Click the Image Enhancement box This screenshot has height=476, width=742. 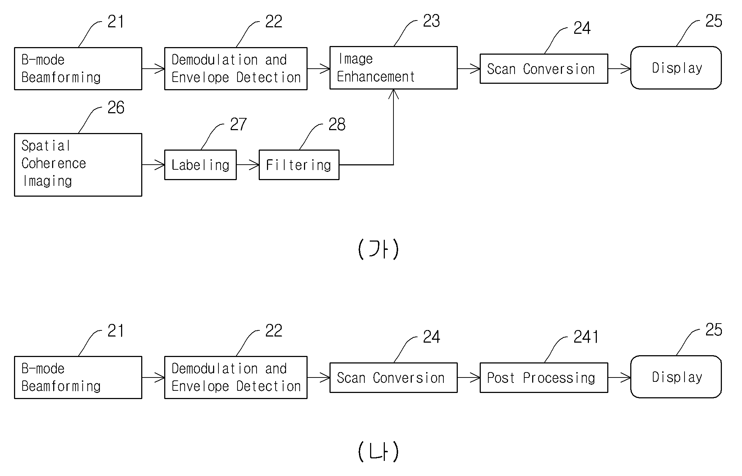[393, 68]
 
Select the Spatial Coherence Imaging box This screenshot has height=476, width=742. [78, 165]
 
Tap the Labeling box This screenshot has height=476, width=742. [201, 165]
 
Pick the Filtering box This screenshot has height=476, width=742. [299, 165]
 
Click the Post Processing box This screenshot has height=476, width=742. [544, 377]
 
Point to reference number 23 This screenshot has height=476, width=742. [431, 21]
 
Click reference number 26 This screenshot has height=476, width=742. [116, 107]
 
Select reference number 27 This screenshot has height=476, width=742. [238, 124]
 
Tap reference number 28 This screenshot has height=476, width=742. [337, 124]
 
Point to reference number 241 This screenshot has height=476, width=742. [586, 337]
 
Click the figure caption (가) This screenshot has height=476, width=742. [378, 249]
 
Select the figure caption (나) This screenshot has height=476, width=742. [378, 452]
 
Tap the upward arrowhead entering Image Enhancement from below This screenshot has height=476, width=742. [393, 94]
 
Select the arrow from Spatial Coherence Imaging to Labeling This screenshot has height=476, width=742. [153, 165]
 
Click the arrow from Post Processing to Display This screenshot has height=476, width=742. [619, 377]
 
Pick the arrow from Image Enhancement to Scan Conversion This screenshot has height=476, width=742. [469, 68]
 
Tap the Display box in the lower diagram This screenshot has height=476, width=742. [676, 377]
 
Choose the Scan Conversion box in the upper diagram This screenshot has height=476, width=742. [544, 69]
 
